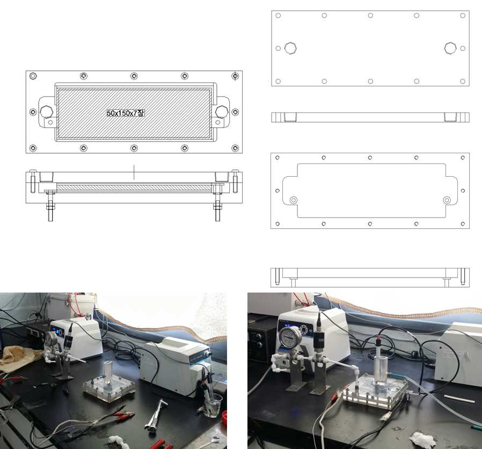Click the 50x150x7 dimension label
point(126,113)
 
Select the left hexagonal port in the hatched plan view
point(46,111)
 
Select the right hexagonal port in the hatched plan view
point(222,111)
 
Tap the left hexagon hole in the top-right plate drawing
point(290,48)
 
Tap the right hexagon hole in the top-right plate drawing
point(450,48)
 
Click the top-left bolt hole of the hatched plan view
point(33,76)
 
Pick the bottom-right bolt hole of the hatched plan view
point(235,148)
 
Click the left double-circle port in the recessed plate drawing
point(294,200)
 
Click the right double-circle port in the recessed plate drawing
point(447,200)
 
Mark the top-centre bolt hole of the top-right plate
point(370,16)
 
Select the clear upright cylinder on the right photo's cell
point(381,370)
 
